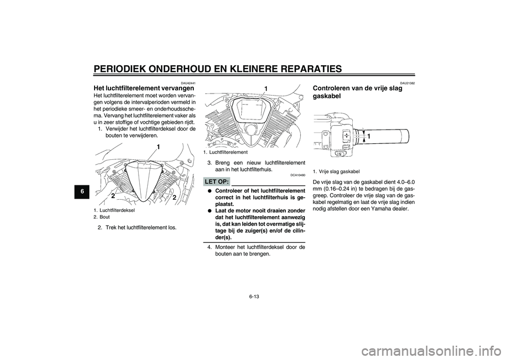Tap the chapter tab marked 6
tap(83, 192)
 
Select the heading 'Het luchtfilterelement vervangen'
tap(144, 88)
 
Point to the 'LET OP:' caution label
tap(217, 182)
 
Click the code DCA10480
tap(299, 175)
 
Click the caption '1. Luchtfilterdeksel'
tap(116, 210)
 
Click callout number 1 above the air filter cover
tap(158, 147)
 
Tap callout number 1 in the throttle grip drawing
tap(369, 137)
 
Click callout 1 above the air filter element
tap(266, 89)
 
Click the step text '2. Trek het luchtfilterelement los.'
tap(137, 227)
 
